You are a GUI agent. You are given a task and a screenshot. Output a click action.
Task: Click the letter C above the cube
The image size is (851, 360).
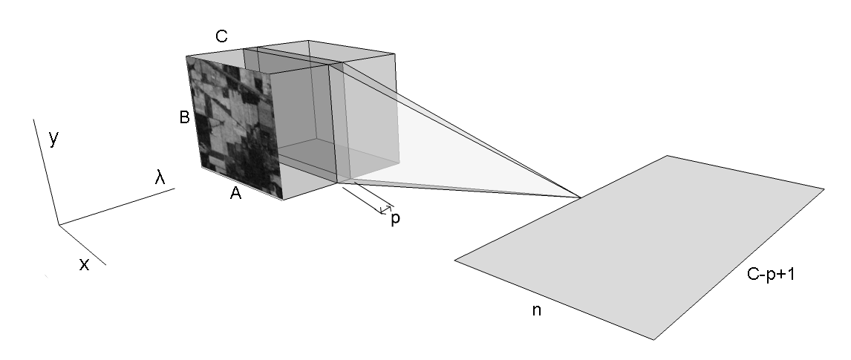pos(221,36)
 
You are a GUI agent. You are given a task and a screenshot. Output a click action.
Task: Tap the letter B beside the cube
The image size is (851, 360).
pos(185,117)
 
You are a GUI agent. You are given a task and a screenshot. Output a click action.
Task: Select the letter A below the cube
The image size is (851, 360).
pos(235,194)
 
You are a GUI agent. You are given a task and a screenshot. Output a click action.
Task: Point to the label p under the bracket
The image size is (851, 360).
pos(395,220)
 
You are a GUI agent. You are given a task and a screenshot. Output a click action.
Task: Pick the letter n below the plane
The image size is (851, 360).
pos(536,310)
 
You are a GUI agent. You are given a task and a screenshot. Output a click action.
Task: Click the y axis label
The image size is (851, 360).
pos(53,138)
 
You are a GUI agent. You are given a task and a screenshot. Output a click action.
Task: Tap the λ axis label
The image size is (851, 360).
pos(160,177)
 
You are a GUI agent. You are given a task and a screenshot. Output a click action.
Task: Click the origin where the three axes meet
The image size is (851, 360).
pos(59,224)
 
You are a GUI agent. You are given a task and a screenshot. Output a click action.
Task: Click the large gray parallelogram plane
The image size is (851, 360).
pos(639,245)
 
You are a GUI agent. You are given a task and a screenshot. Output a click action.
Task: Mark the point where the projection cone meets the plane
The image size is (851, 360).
pos(579,197)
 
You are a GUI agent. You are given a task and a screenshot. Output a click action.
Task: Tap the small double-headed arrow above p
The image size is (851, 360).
pos(386,210)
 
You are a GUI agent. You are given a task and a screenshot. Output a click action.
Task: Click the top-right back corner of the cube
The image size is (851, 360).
pos(394,53)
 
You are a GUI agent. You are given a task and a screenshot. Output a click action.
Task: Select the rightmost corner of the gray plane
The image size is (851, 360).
pos(824,189)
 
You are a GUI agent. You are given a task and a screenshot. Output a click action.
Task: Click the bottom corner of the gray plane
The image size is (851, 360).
pos(653,340)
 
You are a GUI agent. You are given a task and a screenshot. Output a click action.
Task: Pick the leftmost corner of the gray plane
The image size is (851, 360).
pos(454,259)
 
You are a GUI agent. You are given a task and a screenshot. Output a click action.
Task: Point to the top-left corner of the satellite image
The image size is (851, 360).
pos(186,56)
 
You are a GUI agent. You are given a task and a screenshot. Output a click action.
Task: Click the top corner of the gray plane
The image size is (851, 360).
pos(668,156)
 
